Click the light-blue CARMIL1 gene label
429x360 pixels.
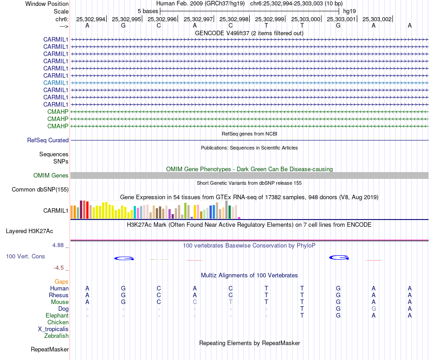56,83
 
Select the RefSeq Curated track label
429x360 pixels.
48,140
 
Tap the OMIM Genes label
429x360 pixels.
51,175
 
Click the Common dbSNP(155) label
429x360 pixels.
40,189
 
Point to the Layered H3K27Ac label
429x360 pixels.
29,231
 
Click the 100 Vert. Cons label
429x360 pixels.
25,256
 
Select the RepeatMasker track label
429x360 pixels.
50,349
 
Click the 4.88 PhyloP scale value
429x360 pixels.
58,245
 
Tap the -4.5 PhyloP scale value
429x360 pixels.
59,267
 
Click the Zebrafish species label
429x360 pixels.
56,336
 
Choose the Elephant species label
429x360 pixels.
57,315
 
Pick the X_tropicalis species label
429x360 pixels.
53,329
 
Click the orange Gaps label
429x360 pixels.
61,281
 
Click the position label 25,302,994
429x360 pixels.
90,19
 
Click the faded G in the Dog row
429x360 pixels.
373,309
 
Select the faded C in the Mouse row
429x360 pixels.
195,302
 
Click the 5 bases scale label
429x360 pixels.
148,11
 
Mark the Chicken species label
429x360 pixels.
58,322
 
